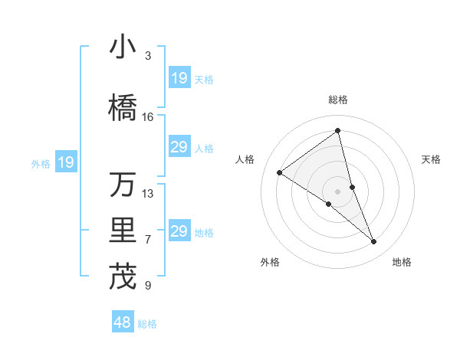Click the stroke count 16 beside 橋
click(148, 117)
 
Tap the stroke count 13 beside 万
click(148, 194)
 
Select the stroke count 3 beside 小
click(148, 56)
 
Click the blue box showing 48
click(123, 323)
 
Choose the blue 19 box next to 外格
click(65, 162)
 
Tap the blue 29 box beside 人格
click(179, 147)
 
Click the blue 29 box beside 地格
click(179, 231)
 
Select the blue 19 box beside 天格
click(179, 78)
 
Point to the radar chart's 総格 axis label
click(338, 100)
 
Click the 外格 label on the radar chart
click(270, 262)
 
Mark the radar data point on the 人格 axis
click(280, 172)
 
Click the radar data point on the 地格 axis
click(374, 242)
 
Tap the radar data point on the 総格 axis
click(338, 131)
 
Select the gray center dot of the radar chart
click(338, 191)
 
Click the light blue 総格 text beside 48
click(147, 324)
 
